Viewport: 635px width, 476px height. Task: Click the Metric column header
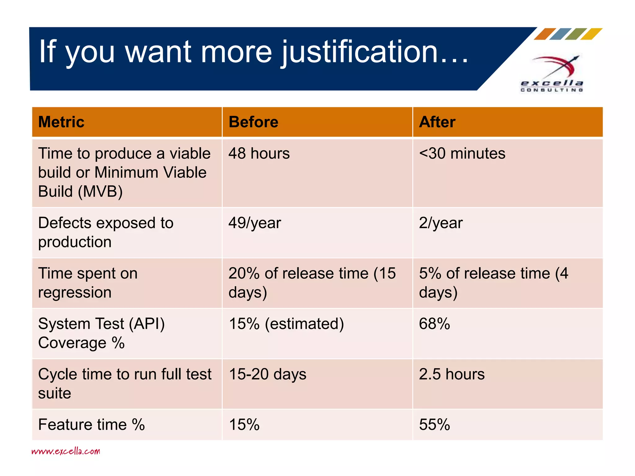coord(61,122)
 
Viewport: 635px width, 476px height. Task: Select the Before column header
coord(253,122)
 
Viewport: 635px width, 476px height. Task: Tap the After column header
coord(437,122)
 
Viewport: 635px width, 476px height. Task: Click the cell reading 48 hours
coord(259,153)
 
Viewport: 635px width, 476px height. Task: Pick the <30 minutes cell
coord(462,153)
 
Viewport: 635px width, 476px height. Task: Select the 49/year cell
coord(255,223)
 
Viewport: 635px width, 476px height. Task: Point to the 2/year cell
coord(441,223)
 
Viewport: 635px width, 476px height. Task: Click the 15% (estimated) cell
coord(286,324)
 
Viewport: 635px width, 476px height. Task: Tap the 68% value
coord(434,324)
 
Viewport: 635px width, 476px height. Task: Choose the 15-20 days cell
coord(267,374)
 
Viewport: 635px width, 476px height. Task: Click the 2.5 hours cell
coord(452,374)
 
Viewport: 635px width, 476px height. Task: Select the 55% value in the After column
coord(434,425)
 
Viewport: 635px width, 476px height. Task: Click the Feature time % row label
coord(91,425)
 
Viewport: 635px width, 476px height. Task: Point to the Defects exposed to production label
coord(105,232)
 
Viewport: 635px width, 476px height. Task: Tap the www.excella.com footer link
coord(66,451)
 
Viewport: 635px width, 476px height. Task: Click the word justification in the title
coord(360,52)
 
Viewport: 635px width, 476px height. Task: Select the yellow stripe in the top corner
coord(591,34)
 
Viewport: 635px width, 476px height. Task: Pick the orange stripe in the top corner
coord(545,34)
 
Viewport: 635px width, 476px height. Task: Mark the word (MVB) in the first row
coord(100,192)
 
